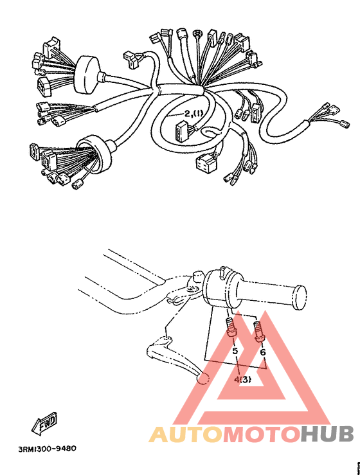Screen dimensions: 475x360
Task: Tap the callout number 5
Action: click(x=235, y=352)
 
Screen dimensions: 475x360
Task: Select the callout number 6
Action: click(x=262, y=352)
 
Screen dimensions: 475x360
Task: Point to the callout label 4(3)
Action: click(x=242, y=379)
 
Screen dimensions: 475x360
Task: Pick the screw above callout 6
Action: click(x=259, y=332)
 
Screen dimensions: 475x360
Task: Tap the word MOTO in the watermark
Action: click(x=260, y=435)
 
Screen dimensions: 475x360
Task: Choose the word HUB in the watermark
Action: click(x=327, y=435)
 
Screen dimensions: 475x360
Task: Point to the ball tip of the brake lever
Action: click(x=202, y=380)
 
